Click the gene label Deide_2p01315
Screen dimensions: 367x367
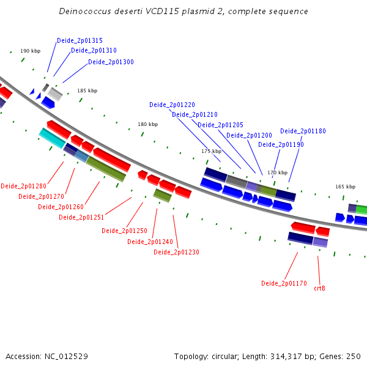[x=80, y=41]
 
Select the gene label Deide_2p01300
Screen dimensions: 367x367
[x=111, y=62]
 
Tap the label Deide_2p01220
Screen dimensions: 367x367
[x=172, y=105]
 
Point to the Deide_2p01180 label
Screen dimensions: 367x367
[x=303, y=131]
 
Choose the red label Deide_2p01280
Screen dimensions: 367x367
[x=24, y=187]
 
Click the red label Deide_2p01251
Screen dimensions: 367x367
[x=81, y=217]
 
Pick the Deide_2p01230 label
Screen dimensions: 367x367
[x=177, y=252]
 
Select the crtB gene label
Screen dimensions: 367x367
[x=319, y=288]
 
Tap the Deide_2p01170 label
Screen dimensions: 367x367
[x=284, y=283]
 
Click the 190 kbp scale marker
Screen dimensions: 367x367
[x=31, y=51]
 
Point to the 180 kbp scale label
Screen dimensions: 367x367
[x=147, y=124]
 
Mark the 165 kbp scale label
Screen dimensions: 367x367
[x=345, y=187]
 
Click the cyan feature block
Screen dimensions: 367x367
[x=52, y=138]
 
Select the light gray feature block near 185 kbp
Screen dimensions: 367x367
[x=55, y=94]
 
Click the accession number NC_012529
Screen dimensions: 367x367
[x=66, y=357]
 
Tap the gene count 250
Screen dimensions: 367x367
[x=354, y=357]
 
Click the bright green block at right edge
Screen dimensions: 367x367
[x=361, y=209]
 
